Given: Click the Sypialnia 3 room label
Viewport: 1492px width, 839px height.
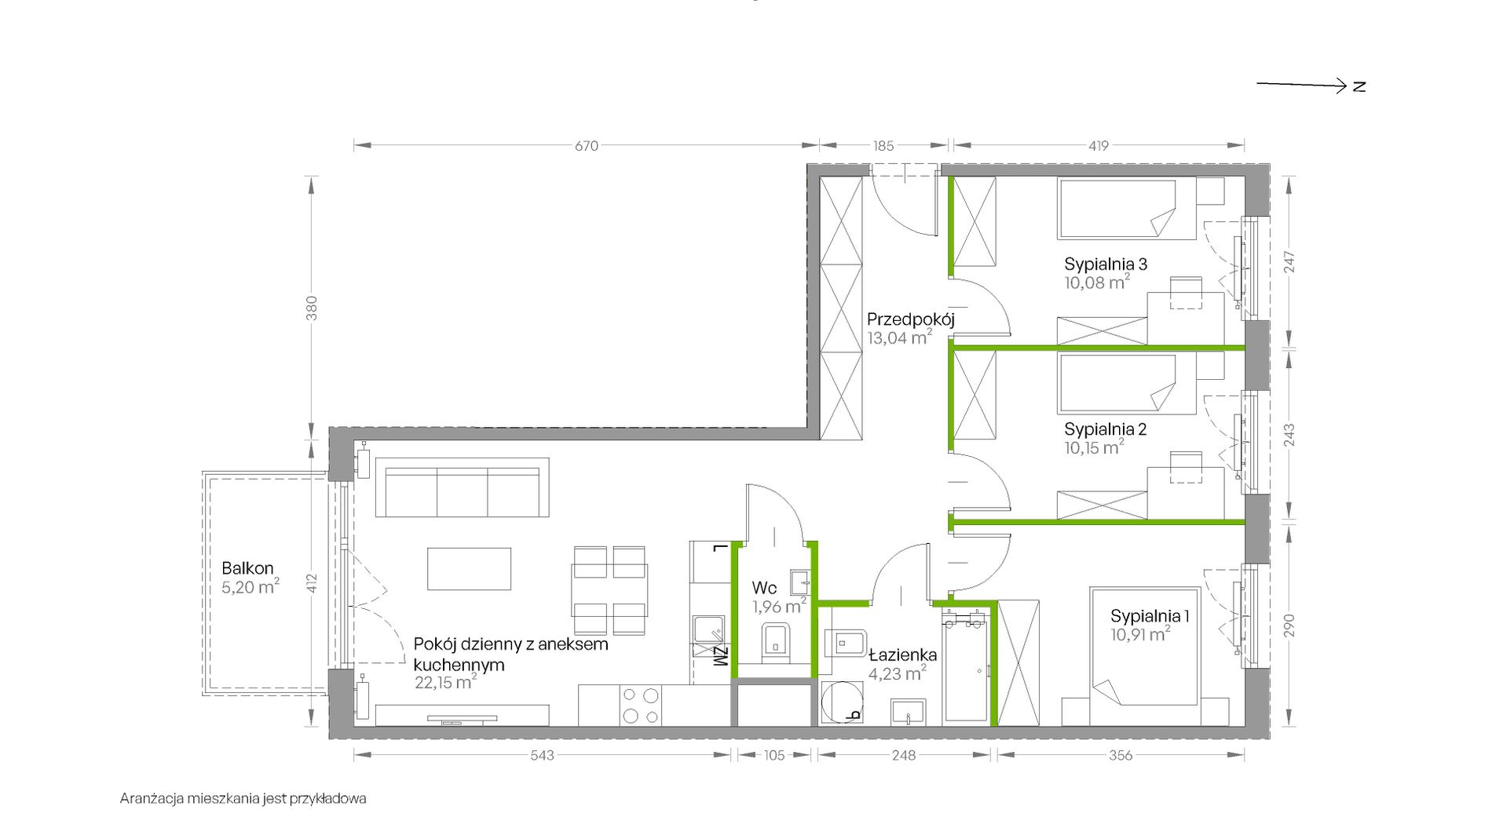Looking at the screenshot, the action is point(1106,264).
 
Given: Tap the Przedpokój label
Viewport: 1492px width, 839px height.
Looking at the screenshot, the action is point(910,319).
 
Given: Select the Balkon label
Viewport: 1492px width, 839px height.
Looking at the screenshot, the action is point(247,568).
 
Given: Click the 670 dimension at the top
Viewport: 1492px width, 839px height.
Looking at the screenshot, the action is point(587,146).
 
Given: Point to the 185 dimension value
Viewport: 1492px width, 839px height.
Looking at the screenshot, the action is point(883,146).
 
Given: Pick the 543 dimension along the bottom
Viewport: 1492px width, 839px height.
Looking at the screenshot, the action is point(542,755).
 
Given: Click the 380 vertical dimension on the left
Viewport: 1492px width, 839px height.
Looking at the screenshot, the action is point(312,308).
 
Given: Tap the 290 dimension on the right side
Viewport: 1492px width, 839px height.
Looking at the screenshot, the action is point(1289,626).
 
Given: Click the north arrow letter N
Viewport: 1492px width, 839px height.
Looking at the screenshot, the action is point(1359,86).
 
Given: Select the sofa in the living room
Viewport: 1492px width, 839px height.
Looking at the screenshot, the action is point(462,487).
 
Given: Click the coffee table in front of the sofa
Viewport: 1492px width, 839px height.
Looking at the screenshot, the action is point(469,568).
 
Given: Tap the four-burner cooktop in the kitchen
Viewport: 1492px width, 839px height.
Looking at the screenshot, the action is point(640,705).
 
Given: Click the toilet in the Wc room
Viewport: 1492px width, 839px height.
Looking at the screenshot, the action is point(776,640).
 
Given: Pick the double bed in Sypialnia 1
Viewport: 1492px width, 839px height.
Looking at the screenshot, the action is point(1145,656).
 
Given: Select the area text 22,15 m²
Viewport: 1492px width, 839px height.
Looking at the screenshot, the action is point(445,682).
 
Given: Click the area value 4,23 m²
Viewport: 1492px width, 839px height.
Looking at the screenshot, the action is point(897,673).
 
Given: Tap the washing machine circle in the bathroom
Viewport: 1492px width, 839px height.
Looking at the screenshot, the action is point(842,702).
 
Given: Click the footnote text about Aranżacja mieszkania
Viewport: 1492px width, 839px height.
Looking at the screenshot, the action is point(243,799).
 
